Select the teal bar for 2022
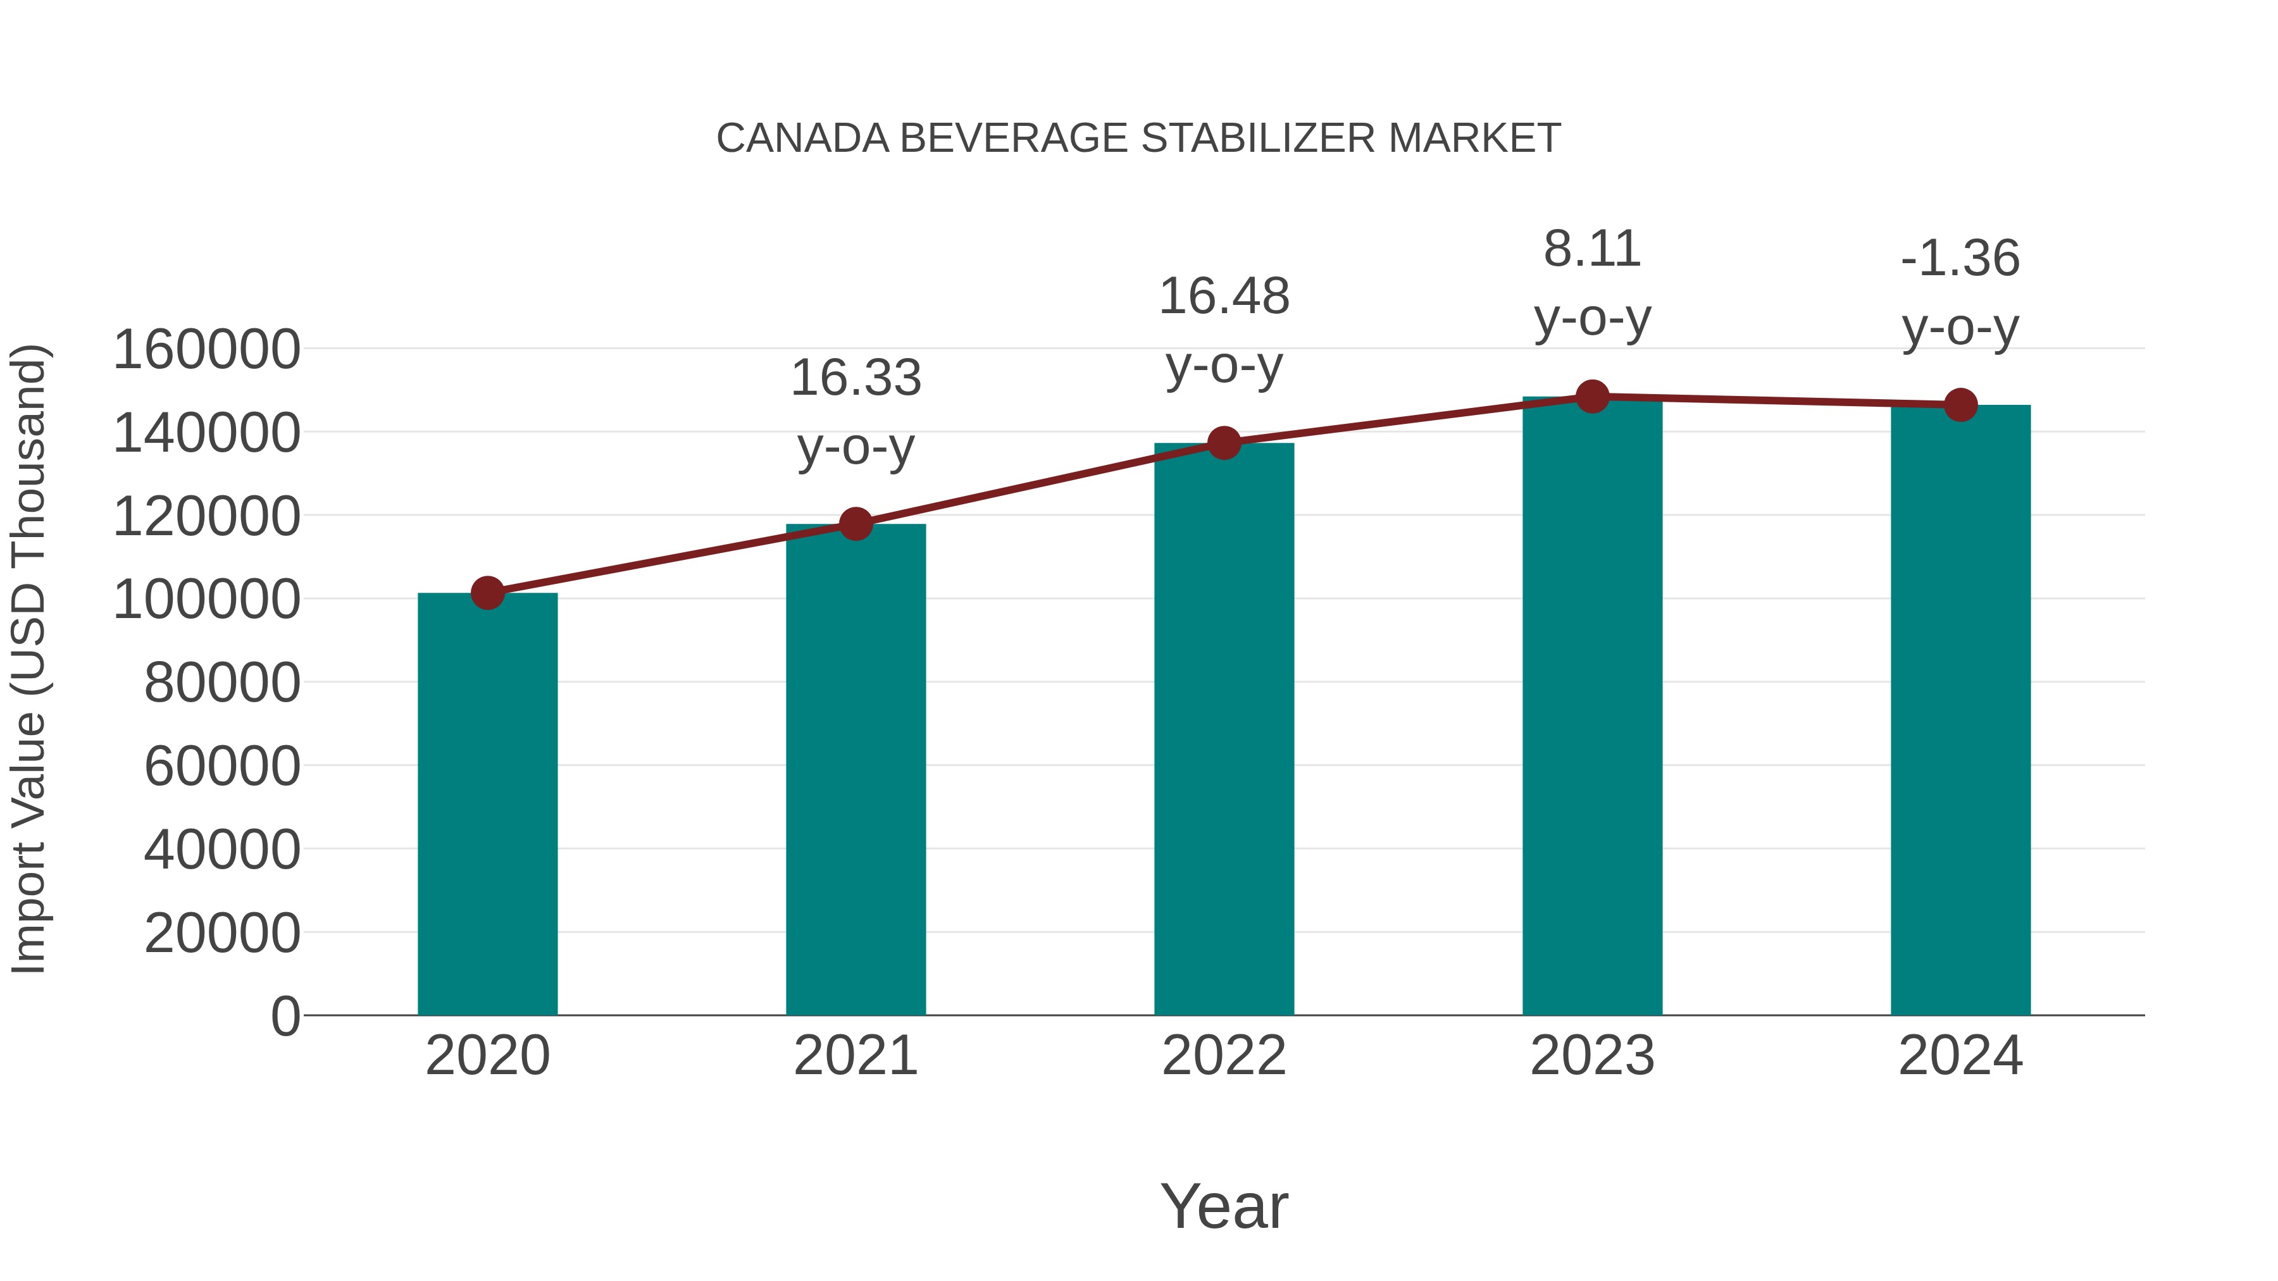point(1224,729)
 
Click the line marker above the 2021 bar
point(855,524)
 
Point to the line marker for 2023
point(1592,397)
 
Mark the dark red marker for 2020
point(487,593)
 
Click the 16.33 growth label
point(855,378)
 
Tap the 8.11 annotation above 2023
point(1592,249)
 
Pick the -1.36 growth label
point(1960,258)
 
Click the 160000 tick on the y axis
point(206,349)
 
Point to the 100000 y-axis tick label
point(206,600)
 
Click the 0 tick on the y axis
point(285,1016)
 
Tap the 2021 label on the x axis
point(855,1056)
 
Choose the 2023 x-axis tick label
point(1592,1056)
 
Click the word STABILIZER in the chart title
point(1257,139)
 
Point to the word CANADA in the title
point(802,139)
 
